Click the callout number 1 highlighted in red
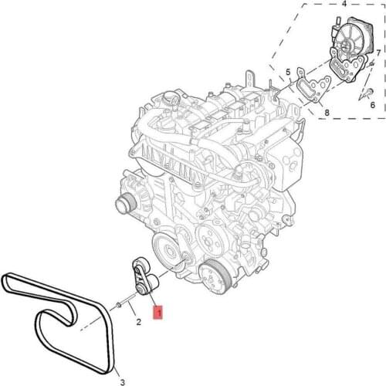tap(158, 313)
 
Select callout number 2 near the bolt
tap(138, 322)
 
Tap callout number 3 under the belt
tap(123, 382)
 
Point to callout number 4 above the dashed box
tap(344, 4)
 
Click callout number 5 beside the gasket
tap(288, 73)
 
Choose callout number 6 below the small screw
tap(372, 105)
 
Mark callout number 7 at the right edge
tap(378, 53)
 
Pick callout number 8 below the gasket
tap(327, 113)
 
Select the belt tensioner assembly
tap(145, 278)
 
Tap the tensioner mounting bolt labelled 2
tap(125, 302)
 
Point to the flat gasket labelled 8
tap(313, 85)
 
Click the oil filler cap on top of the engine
tap(171, 98)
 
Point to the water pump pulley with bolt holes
tap(209, 239)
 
